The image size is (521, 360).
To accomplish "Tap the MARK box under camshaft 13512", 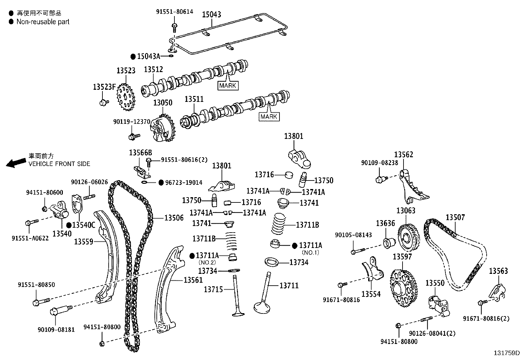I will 228,86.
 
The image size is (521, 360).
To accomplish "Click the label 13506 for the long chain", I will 174,218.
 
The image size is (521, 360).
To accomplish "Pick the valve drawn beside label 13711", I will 266,295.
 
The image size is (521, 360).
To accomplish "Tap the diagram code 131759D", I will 507,353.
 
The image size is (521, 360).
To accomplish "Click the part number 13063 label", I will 406,211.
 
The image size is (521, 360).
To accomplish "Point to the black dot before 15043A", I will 133,57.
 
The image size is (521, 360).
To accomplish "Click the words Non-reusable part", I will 43,22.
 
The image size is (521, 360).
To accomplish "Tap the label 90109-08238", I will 380,162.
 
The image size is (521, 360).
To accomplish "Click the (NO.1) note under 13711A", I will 310,253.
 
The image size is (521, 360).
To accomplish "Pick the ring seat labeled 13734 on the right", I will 271,262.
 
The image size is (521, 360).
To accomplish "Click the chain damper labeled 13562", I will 412,187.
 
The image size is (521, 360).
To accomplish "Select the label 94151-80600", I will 45,193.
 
